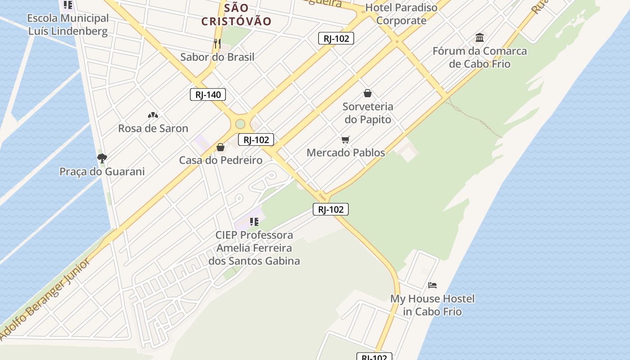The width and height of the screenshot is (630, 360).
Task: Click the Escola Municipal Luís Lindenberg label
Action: (68, 25)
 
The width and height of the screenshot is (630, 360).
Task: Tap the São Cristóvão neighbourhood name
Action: (236, 14)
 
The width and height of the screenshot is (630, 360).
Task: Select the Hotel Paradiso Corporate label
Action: (401, 14)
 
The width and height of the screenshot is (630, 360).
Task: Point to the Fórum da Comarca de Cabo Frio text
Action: (480, 57)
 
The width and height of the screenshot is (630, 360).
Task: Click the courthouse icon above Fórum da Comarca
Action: (480, 37)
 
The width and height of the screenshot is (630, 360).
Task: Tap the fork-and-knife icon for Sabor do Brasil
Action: (217, 43)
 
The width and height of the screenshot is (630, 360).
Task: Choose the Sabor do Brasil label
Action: (217, 57)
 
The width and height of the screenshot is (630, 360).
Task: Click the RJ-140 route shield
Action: (208, 94)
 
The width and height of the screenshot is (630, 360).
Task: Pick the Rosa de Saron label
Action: (153, 128)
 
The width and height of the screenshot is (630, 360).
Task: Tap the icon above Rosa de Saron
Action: (153, 115)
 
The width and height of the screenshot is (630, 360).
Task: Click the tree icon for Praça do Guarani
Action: (102, 158)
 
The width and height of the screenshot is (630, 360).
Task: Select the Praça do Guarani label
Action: (102, 171)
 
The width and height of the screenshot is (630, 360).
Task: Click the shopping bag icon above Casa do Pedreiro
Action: (220, 147)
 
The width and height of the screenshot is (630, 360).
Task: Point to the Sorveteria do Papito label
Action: (368, 113)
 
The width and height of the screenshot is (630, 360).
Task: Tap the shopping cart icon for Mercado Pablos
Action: (345, 140)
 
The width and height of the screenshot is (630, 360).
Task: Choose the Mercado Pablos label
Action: (346, 153)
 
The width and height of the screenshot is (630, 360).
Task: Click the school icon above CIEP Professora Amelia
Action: (254, 221)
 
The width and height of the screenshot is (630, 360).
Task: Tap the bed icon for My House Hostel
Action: (432, 285)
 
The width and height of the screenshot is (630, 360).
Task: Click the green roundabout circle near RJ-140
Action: (240, 124)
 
